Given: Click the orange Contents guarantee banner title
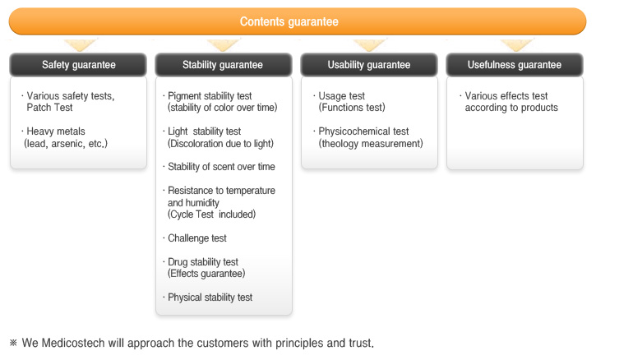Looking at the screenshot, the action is [x=289, y=21].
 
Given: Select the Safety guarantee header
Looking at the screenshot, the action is [x=78, y=65].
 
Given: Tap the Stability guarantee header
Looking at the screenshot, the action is [x=224, y=65].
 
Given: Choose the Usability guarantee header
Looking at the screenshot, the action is [x=369, y=65].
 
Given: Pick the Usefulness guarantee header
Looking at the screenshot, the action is [x=515, y=65].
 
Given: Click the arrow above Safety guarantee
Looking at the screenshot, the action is [x=81, y=44].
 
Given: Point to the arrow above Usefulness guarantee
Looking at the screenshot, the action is [x=517, y=44].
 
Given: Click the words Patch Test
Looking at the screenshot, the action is [x=49, y=108].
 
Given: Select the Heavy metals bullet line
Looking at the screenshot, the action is [x=56, y=132].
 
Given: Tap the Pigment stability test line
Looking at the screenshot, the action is [x=210, y=96].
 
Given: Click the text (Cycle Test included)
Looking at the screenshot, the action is [x=211, y=215].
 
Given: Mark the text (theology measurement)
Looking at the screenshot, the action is [x=371, y=144].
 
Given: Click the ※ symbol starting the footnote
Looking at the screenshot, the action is [x=13, y=343].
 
